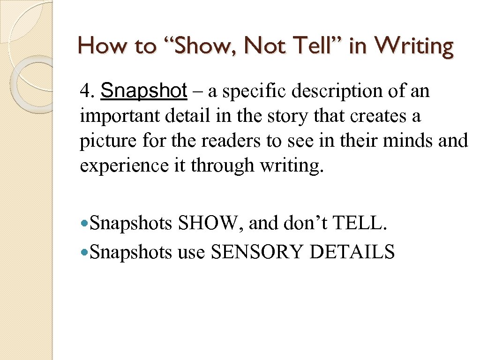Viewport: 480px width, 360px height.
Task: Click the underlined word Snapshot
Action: click(x=144, y=91)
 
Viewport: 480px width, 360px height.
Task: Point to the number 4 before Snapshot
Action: click(x=85, y=91)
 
